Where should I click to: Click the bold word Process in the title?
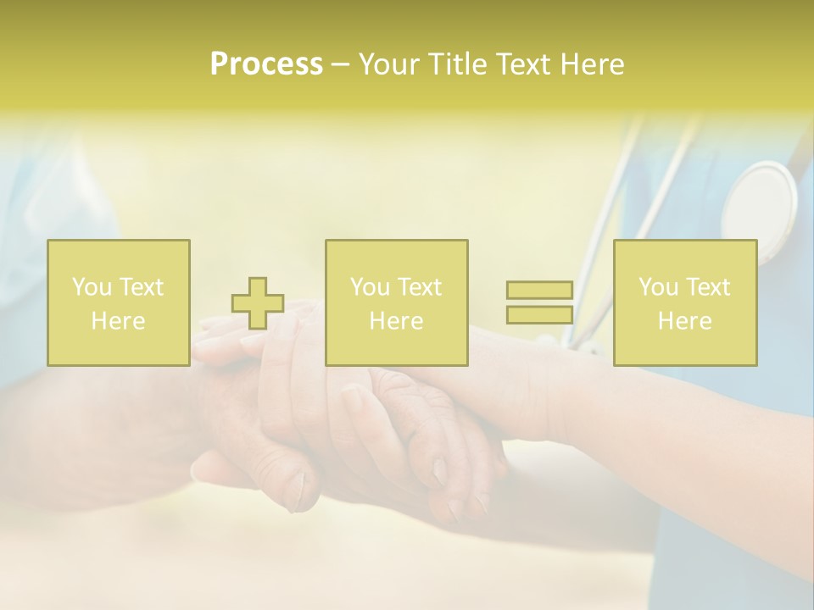coord(266,64)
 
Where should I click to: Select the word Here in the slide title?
coord(592,64)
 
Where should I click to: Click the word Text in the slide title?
coord(523,64)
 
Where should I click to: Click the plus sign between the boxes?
coord(258,303)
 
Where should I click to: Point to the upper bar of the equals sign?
coord(539,290)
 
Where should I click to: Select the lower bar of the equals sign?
coord(539,314)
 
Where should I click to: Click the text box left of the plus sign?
coord(119,302)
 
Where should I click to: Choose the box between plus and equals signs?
coord(396,302)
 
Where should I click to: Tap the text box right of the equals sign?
coord(684,302)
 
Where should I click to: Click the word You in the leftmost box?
coord(92,287)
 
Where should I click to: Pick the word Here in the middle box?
coord(396,321)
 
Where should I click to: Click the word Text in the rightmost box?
coord(707,287)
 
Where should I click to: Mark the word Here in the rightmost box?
coord(684,321)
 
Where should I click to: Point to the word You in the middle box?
coord(370,287)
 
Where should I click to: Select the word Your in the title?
coord(387,64)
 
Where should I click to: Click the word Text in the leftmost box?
coord(141,287)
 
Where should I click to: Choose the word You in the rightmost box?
coord(658,287)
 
